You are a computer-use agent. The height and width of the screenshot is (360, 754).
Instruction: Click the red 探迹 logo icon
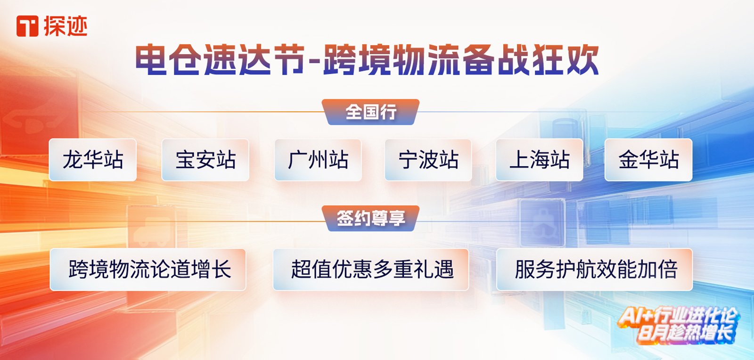[x=27, y=26]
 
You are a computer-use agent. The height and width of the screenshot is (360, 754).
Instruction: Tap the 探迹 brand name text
[x=66, y=26]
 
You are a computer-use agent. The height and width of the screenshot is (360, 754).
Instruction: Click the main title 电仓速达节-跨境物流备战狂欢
[x=367, y=60]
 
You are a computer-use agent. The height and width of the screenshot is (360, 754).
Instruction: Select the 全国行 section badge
[x=370, y=112]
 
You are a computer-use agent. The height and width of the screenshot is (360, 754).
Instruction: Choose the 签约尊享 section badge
[x=370, y=218]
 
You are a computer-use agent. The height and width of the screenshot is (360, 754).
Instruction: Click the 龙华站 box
[x=93, y=160]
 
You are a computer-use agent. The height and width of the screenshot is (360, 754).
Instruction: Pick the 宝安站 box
[x=205, y=160]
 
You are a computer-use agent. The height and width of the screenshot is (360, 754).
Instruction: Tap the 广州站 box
[x=318, y=160]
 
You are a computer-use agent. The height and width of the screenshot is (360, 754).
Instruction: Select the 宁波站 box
[x=428, y=160]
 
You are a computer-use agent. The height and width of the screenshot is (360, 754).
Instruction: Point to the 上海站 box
[x=540, y=160]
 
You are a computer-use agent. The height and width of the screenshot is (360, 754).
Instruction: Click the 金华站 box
[x=648, y=160]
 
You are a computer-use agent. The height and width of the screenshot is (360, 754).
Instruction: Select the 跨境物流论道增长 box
[x=148, y=270]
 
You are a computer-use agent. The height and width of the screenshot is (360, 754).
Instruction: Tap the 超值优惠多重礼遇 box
[x=371, y=270]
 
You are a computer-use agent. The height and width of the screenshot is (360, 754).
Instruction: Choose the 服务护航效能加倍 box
[x=594, y=270]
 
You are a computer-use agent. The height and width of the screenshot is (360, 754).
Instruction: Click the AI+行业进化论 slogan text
[x=677, y=316]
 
